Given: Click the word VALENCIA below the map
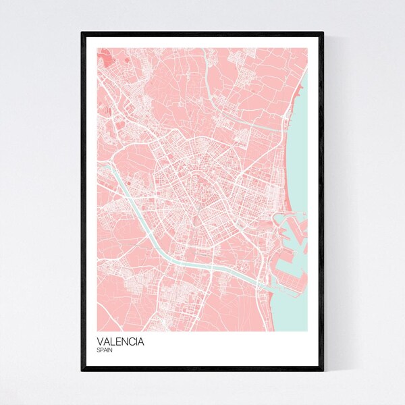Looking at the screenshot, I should point(120,342).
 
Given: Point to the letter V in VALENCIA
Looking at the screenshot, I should point(100,342).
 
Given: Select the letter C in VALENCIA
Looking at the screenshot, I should point(133,342).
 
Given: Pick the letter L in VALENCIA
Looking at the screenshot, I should point(113,342).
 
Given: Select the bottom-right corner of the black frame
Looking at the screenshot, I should point(323,371).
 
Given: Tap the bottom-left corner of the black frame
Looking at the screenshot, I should point(82,371).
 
